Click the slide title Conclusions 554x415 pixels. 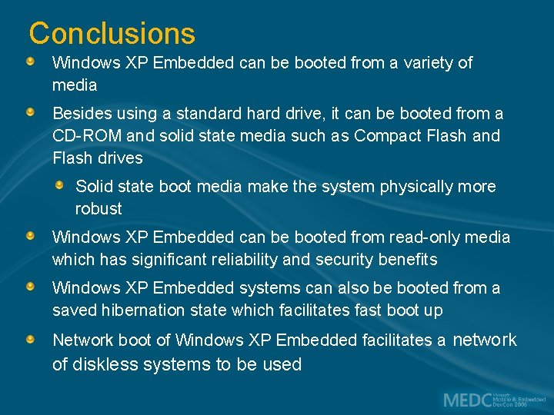click(x=112, y=34)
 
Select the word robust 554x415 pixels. click(x=98, y=208)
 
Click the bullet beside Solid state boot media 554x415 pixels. click(x=60, y=184)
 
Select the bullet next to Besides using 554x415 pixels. click(x=29, y=112)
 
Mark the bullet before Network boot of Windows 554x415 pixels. click(x=29, y=339)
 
